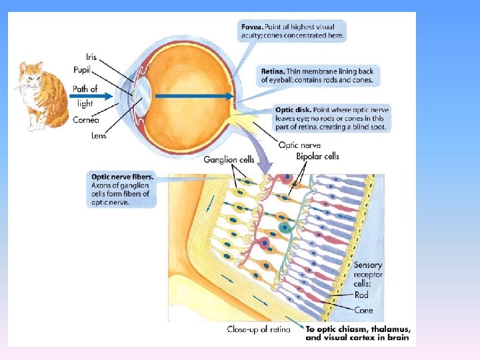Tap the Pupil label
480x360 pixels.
coord(83,69)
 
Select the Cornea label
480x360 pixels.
coord(87,120)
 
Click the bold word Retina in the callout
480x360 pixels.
coord(273,70)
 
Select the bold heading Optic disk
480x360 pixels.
coord(291,109)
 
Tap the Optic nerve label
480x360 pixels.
coord(299,145)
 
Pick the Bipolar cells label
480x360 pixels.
coord(317,157)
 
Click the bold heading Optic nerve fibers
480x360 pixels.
coord(122,177)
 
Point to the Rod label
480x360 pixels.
coord(361,295)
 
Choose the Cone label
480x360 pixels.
coord(364,310)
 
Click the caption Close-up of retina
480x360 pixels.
coord(259,329)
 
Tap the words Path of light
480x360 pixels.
coord(85,96)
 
